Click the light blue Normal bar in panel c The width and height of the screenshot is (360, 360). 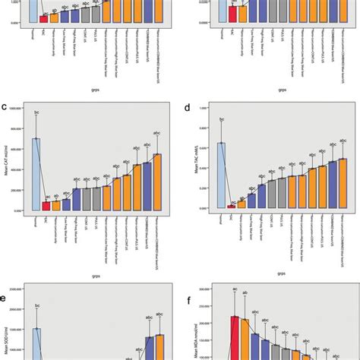tap(35, 175)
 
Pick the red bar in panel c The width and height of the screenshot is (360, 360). tap(46, 206)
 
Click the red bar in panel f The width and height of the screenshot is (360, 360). tap(235, 337)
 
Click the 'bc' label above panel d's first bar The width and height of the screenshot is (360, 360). tap(221, 119)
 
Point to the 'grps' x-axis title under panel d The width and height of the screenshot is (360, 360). tap(281, 273)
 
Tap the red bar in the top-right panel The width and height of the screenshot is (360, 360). tap(232, 12)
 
